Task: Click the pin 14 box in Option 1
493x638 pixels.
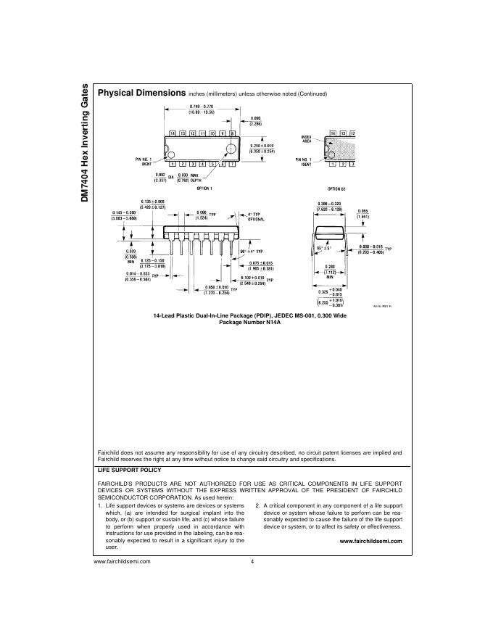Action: tap(173, 134)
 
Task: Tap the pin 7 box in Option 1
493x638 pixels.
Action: tap(232, 164)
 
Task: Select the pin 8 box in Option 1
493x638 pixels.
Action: tap(232, 134)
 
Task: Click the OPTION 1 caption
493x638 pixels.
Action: tap(201, 188)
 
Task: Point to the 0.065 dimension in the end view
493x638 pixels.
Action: tap(363, 214)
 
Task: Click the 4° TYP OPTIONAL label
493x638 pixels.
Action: tap(256, 217)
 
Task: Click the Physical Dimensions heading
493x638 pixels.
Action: tap(141, 94)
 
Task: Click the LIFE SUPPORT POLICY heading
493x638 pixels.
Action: tap(129, 470)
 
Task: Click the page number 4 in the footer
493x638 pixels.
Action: tap(252, 562)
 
